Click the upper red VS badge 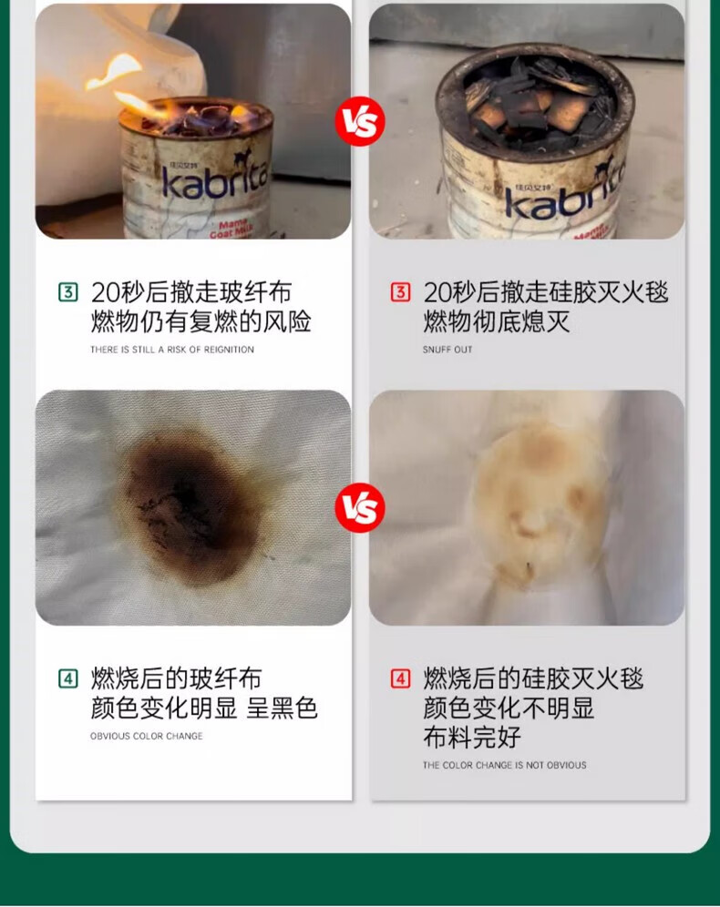360,121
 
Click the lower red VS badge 360,507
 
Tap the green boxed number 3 67,292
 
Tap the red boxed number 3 400,292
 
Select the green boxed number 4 67,678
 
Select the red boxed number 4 400,678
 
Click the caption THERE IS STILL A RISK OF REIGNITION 172,350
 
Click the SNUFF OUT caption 447,350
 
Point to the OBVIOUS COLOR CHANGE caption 147,736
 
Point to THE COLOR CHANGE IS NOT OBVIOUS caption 504,765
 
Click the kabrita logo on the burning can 215,177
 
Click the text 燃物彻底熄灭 497,321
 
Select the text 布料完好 472,737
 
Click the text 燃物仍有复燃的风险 201,321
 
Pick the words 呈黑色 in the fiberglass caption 282,708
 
